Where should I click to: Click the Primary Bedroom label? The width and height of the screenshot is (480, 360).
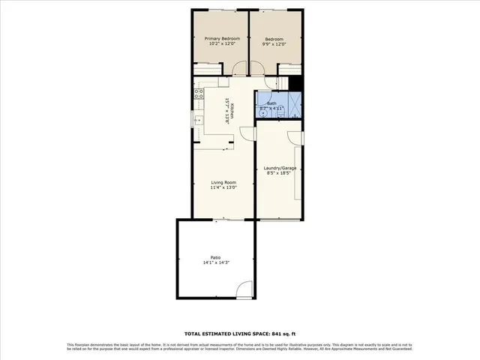click(x=222, y=38)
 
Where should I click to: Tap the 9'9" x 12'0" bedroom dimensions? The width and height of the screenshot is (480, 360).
click(x=274, y=43)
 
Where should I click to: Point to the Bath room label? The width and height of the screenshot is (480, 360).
click(x=271, y=103)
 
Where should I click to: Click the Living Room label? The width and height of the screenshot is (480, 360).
click(x=223, y=182)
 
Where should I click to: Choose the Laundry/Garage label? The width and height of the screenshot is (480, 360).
click(x=280, y=168)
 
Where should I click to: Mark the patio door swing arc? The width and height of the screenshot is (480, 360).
click(x=243, y=289)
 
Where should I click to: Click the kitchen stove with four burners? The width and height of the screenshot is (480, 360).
click(x=199, y=94)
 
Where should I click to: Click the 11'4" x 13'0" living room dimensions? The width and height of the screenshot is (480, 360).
click(x=223, y=188)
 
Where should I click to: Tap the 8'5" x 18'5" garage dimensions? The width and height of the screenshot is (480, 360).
click(x=280, y=174)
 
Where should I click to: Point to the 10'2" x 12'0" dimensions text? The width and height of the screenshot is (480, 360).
click(x=222, y=43)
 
